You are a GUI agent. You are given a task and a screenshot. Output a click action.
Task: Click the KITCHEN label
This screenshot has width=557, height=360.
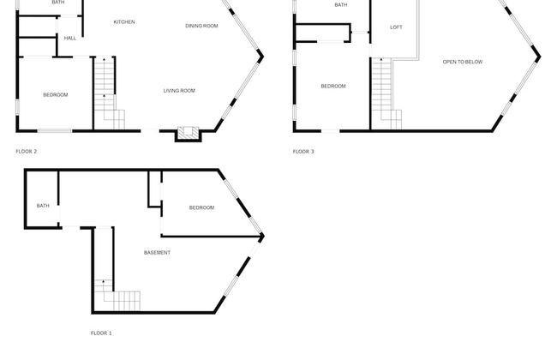pyautogui.click(x=124, y=22)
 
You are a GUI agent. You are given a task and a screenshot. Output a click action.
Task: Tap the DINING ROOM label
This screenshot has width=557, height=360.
pyautogui.click(x=201, y=26)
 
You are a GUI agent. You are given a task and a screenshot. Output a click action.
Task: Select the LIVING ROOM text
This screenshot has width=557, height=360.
pyautogui.click(x=179, y=91)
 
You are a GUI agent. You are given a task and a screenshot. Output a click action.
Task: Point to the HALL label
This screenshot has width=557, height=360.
pyautogui.click(x=70, y=38)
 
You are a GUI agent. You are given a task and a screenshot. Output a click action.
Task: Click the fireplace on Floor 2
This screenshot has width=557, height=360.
pyautogui.click(x=189, y=134)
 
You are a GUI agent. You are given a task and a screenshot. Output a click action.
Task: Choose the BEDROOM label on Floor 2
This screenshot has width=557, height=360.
pyautogui.click(x=56, y=95)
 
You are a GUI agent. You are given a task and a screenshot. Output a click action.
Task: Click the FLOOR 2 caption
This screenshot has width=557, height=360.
pyautogui.click(x=27, y=152)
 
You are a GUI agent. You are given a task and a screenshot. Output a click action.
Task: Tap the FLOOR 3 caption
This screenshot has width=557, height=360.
pyautogui.click(x=303, y=152)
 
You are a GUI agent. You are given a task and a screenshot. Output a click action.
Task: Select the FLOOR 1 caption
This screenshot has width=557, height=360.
pyautogui.click(x=101, y=333)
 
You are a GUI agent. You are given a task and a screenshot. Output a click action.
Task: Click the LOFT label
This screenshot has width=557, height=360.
pyautogui.click(x=396, y=27)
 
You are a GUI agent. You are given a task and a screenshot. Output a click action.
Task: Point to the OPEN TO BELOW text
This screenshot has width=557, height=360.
pyautogui.click(x=463, y=62)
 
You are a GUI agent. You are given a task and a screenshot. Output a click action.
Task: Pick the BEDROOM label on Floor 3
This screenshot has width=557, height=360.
pyautogui.click(x=333, y=86)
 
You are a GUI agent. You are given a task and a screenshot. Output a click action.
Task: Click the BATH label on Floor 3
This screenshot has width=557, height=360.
pyautogui.click(x=341, y=5)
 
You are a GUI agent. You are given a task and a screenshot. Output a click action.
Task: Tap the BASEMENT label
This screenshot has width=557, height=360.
pyautogui.click(x=157, y=252)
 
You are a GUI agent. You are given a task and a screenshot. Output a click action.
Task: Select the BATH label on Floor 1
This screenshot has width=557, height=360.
pyautogui.click(x=43, y=206)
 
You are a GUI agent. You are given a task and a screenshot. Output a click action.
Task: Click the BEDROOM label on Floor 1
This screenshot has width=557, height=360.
pyautogui.click(x=201, y=207)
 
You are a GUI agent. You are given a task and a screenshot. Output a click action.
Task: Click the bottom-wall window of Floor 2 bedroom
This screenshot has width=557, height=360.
pyautogui.click(x=55, y=131)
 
